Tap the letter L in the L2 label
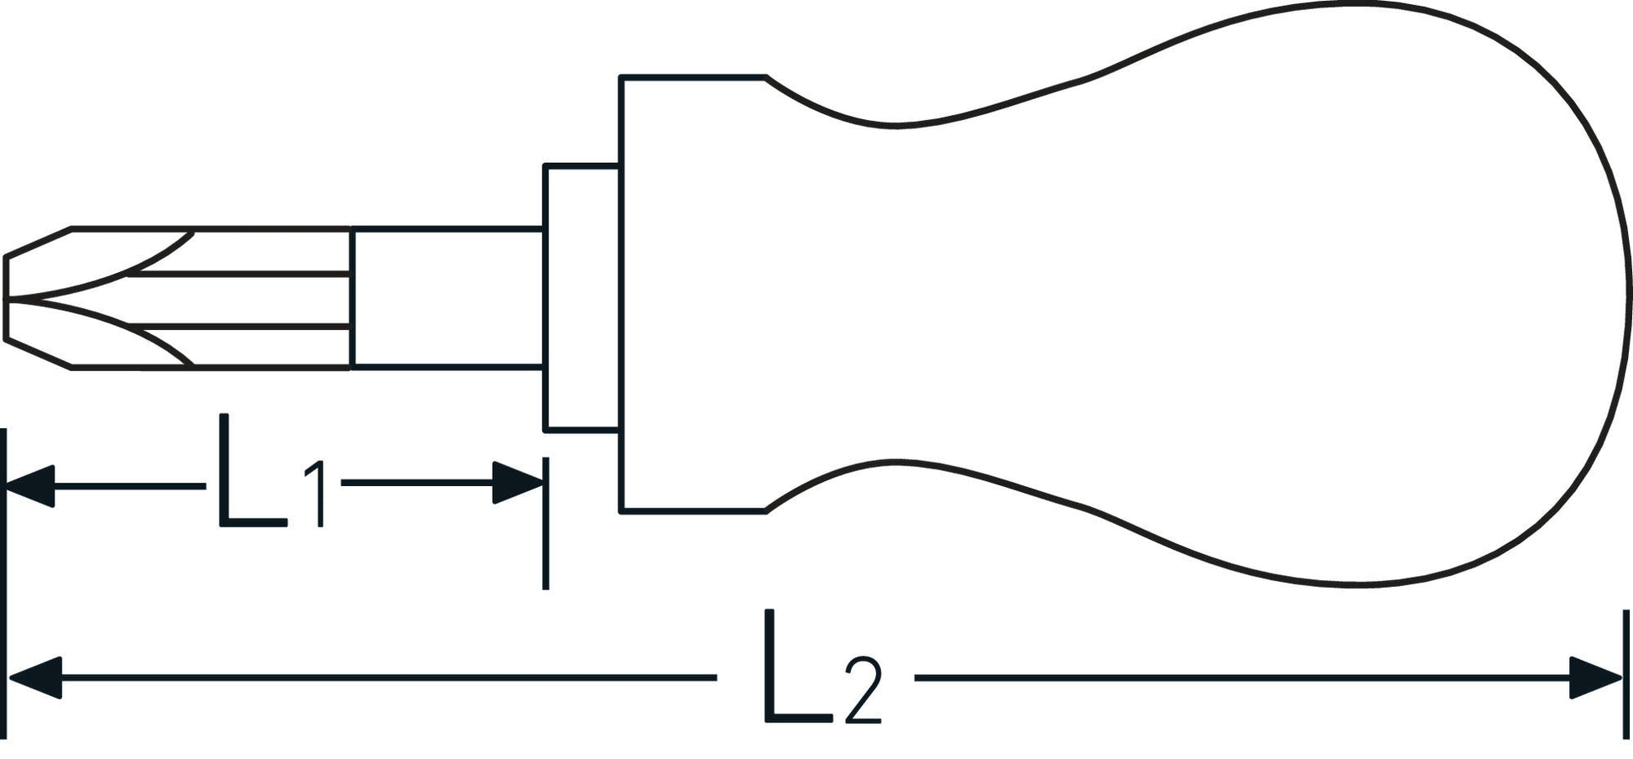(x=794, y=667)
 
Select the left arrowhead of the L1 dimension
(x=30, y=485)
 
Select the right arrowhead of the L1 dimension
(x=517, y=483)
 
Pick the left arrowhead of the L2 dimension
(x=34, y=677)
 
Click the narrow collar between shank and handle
(x=581, y=297)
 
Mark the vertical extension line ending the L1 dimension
(x=545, y=525)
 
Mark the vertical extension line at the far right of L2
(x=1625, y=676)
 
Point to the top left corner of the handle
(x=621, y=77)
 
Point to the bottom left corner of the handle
(x=621, y=510)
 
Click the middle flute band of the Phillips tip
(x=252, y=298)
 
